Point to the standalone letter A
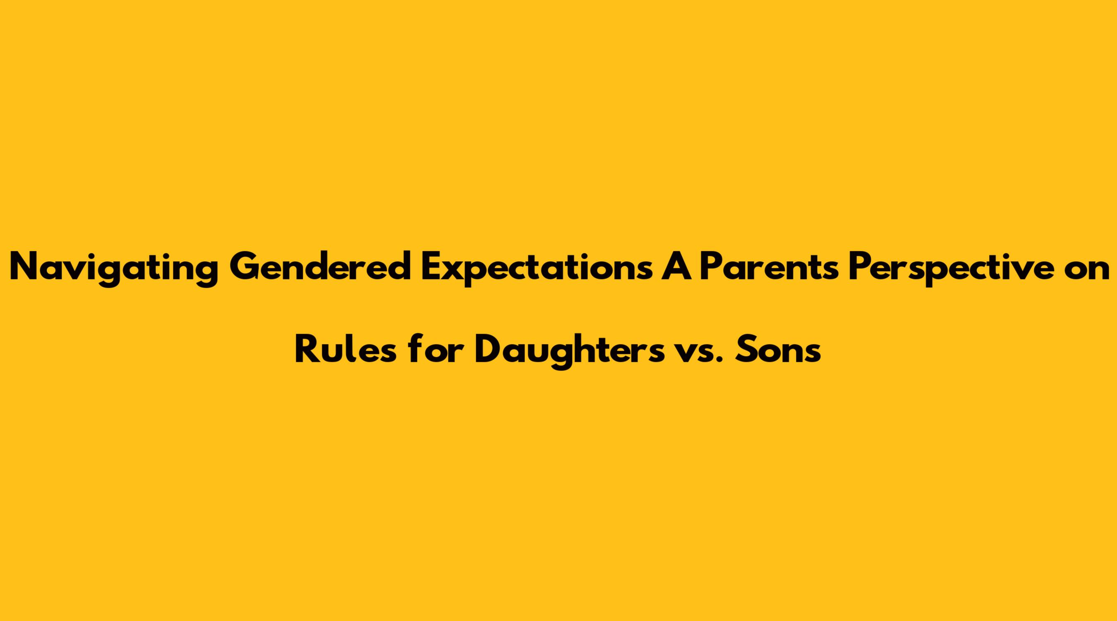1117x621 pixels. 676,266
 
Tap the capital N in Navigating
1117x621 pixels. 26,266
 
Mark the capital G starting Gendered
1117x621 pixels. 245,266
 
